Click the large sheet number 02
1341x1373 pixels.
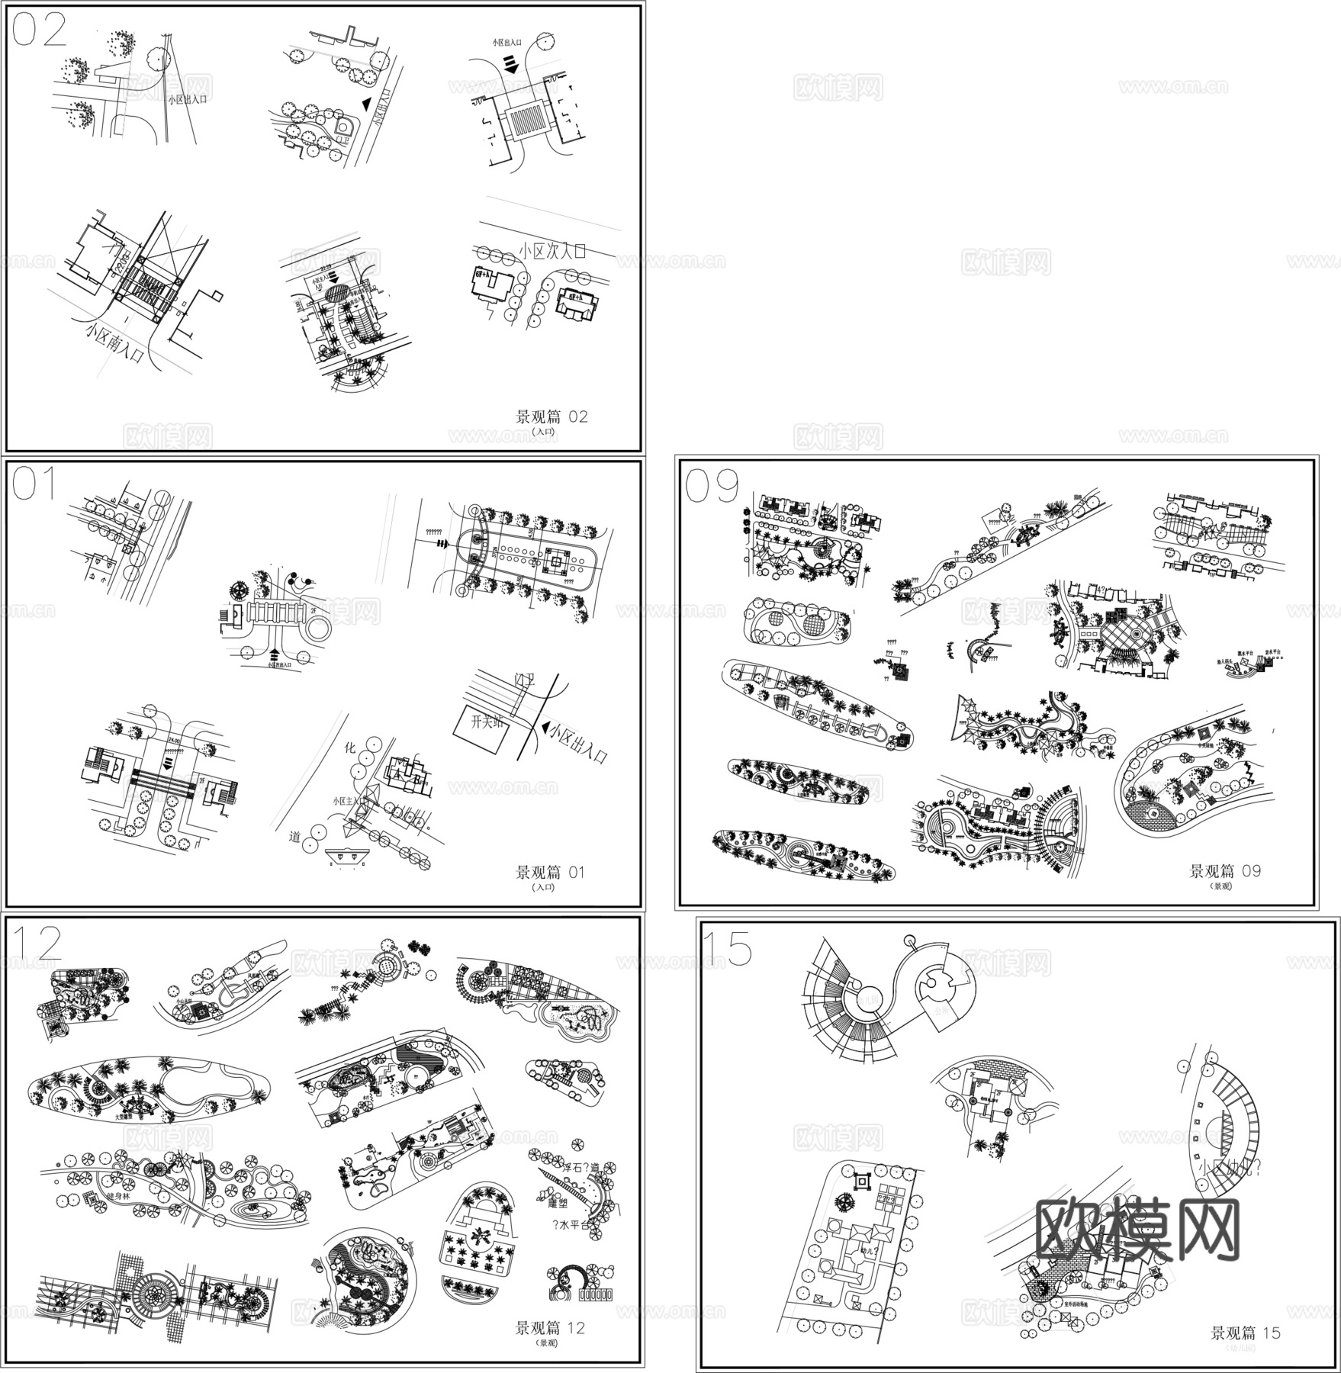point(40,31)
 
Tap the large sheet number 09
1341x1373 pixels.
point(712,486)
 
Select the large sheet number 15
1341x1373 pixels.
point(726,948)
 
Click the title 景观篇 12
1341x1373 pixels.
point(550,1328)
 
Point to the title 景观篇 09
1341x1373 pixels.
point(1225,871)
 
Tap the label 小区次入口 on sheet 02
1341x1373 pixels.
point(552,251)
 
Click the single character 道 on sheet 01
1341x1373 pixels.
point(295,837)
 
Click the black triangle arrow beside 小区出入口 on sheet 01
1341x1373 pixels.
point(544,729)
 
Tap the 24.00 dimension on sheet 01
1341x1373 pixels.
point(175,740)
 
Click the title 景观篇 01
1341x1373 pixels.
point(550,872)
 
